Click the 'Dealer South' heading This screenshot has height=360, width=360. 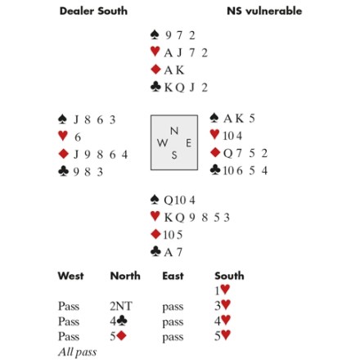(x=93, y=11)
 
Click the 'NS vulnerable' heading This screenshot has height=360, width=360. (x=264, y=11)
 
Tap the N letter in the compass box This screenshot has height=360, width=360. (x=174, y=131)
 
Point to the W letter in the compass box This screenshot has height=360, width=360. (x=163, y=142)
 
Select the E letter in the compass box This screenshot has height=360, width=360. (x=188, y=143)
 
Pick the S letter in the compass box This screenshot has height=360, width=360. (x=174, y=155)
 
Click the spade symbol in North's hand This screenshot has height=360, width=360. (x=155, y=34)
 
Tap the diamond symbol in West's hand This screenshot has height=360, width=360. (x=64, y=154)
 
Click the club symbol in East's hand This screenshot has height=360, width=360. (x=215, y=170)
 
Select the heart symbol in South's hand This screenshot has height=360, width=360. (x=155, y=217)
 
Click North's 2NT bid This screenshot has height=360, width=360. (x=121, y=306)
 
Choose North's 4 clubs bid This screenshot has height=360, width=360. (x=119, y=321)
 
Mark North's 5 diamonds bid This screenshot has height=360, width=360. (x=118, y=336)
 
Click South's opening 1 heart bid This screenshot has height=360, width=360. (x=223, y=290)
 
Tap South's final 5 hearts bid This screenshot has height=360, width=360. (x=223, y=335)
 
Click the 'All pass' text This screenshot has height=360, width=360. (x=78, y=352)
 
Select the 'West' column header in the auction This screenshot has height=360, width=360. (x=70, y=276)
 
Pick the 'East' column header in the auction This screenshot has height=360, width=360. (x=173, y=276)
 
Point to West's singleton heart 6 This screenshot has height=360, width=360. (x=78, y=137)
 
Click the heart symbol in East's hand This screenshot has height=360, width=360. (x=215, y=134)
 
